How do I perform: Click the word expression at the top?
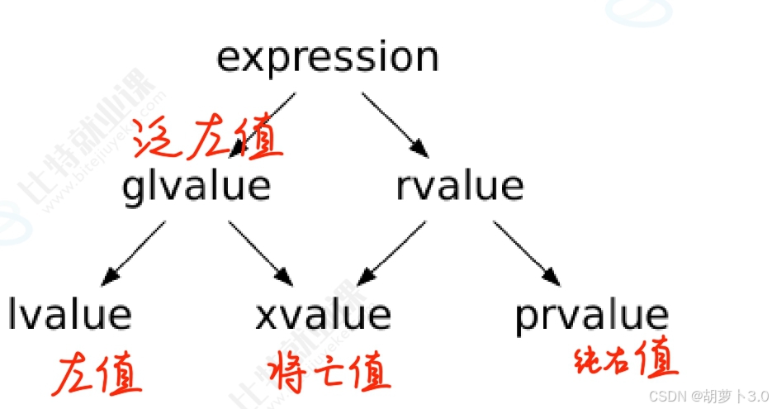tap(327, 58)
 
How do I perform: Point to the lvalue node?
tap(70, 315)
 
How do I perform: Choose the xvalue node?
tap(322, 315)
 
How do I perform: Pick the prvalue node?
tap(591, 315)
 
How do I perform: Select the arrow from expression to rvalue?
tap(395, 123)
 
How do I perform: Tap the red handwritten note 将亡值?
tap(329, 373)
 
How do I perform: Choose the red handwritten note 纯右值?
tap(625, 360)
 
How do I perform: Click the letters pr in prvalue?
tap(533, 316)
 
